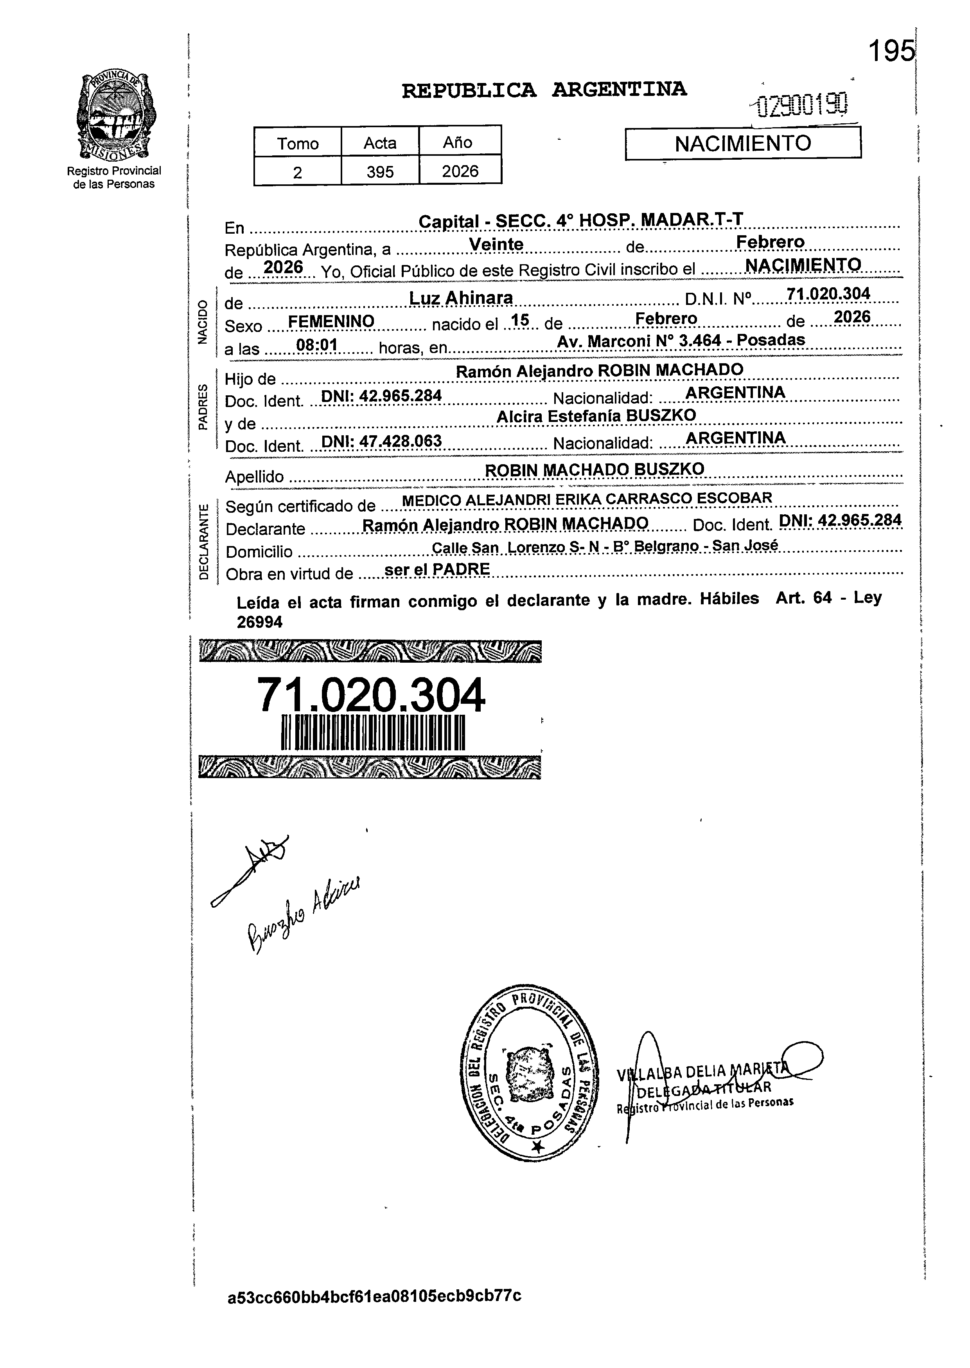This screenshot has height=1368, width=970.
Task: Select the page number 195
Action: pos(891,51)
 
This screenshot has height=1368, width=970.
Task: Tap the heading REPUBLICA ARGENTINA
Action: pos(544,90)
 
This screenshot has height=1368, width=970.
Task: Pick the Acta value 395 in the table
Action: pos(380,172)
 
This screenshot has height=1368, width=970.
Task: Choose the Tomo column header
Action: pos(297,143)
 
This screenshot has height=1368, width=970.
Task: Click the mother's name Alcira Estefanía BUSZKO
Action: pos(596,416)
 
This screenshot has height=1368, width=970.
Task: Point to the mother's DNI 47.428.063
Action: pos(382,442)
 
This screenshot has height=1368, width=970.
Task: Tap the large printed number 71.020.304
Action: pos(370,696)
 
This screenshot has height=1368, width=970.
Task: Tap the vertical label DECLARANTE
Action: pos(204,541)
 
